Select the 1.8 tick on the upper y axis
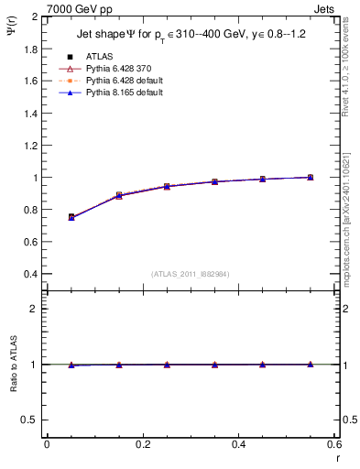(30, 49)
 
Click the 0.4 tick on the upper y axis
(30, 275)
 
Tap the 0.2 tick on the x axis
(142, 444)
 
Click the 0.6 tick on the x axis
(333, 444)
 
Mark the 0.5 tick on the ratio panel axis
(30, 420)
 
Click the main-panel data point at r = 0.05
(71, 217)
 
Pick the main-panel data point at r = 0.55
(310, 177)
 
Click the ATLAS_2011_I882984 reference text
(191, 274)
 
